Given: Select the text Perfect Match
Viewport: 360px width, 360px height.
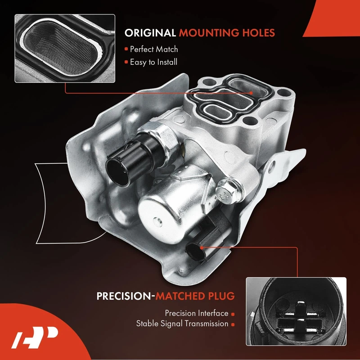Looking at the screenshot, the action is click(x=154, y=49).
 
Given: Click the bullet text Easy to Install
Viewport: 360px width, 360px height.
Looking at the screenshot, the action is click(x=153, y=62).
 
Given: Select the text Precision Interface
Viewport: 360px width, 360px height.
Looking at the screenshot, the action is click(x=196, y=313).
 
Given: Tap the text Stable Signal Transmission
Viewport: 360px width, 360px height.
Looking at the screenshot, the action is click(x=182, y=324).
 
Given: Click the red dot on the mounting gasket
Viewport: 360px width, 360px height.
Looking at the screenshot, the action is click(x=251, y=93).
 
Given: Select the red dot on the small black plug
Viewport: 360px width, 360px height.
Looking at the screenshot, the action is click(x=201, y=247).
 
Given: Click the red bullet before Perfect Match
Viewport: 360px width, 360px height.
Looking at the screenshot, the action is click(x=127, y=49).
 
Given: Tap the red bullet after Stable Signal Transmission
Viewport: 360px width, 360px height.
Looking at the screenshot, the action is click(x=233, y=324).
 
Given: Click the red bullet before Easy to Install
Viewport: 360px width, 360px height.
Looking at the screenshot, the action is click(x=127, y=62).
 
